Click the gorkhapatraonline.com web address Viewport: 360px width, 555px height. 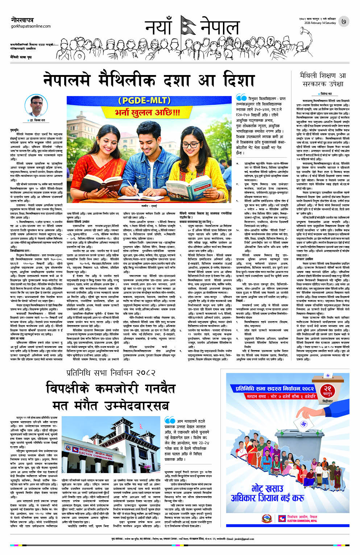[30, 26]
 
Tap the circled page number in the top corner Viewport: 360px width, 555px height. [343, 21]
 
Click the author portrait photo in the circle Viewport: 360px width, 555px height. [36, 106]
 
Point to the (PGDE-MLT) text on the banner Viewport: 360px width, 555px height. [149, 101]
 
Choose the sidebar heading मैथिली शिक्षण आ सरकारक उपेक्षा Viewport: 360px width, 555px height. [322, 80]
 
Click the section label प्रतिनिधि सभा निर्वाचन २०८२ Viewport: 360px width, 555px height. [111, 373]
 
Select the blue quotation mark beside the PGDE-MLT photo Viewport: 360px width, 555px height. [241, 98]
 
